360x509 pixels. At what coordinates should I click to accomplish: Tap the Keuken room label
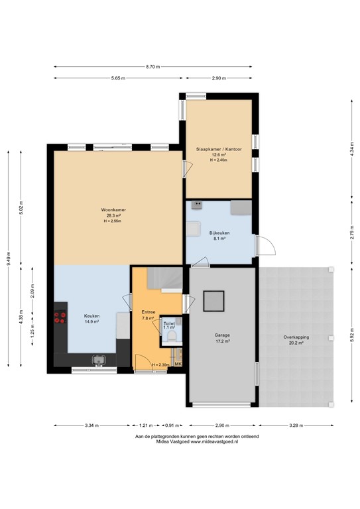[x=91, y=315]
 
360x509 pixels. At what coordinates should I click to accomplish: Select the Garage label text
[x=221, y=335]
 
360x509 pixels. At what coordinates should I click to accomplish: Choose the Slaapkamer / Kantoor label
[x=218, y=150]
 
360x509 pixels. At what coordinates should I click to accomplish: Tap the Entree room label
[x=148, y=311]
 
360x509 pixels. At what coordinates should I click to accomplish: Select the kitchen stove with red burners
[x=61, y=316]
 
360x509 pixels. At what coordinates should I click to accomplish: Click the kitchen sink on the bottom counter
[x=99, y=361]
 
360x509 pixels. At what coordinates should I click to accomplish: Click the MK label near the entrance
[x=177, y=364]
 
